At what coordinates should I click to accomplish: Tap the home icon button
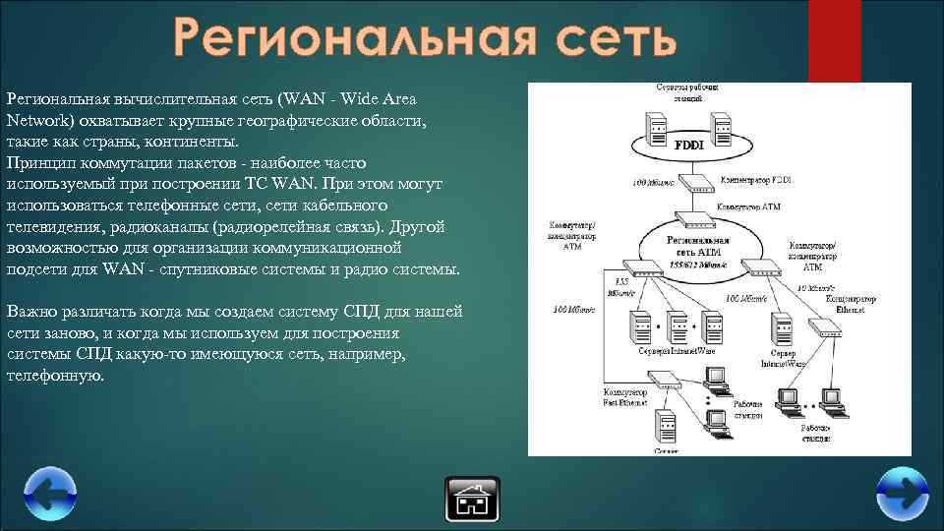tap(472, 499)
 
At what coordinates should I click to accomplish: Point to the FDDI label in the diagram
tap(689, 145)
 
